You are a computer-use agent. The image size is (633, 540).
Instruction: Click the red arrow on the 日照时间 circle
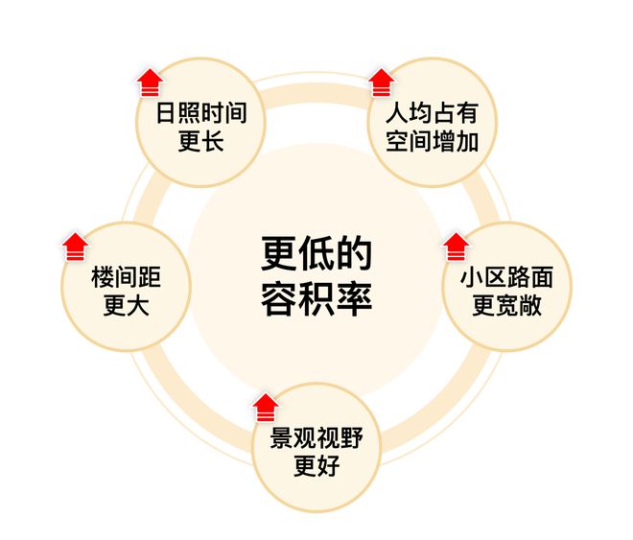(x=150, y=82)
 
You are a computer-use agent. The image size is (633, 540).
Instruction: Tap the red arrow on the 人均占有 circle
(x=382, y=82)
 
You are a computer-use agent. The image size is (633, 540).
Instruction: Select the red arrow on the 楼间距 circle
(x=76, y=247)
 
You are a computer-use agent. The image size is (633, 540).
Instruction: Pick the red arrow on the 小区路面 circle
(x=457, y=247)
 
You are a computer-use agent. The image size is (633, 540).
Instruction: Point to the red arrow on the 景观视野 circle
(x=266, y=408)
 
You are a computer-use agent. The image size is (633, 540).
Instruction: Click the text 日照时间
(x=201, y=113)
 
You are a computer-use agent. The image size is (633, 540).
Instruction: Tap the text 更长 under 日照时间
(x=201, y=141)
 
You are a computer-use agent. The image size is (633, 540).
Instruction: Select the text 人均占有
(x=433, y=113)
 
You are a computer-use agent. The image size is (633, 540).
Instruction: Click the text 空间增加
(x=433, y=141)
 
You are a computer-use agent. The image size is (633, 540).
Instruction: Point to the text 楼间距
(x=127, y=277)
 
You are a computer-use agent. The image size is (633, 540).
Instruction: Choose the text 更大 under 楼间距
(x=127, y=306)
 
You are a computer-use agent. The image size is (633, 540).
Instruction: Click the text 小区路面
(x=507, y=277)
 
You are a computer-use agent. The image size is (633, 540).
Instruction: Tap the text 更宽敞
(x=507, y=306)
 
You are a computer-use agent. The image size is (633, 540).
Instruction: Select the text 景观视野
(x=316, y=438)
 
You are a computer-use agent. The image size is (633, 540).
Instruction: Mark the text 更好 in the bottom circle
(x=316, y=466)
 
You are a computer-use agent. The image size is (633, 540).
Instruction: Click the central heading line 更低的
(x=316, y=253)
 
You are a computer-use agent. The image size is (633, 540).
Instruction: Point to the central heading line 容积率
(x=316, y=298)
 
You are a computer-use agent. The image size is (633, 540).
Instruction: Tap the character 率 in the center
(x=354, y=298)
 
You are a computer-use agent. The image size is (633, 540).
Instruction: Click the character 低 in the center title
(x=316, y=253)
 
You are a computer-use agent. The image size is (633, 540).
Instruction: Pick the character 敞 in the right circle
(x=530, y=306)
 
